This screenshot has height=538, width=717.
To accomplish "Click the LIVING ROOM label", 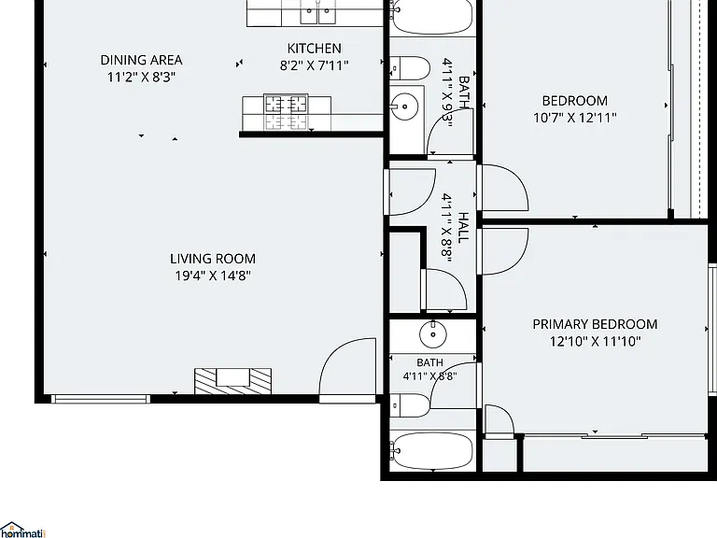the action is tap(213, 259).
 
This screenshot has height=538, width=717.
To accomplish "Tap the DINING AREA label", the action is tap(141, 60).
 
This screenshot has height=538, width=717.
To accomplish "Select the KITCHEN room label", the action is tap(314, 49).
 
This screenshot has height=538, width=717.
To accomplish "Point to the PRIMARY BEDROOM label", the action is tap(595, 324).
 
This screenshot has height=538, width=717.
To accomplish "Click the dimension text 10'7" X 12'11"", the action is tap(575, 118).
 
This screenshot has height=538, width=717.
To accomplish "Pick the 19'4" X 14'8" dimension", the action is tap(213, 276).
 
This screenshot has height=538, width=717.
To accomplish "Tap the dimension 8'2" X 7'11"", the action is tap(314, 65).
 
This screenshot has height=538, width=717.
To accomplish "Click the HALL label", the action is tap(464, 227).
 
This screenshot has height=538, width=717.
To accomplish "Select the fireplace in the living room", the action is tap(232, 381).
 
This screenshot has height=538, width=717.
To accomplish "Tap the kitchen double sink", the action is tap(317, 12).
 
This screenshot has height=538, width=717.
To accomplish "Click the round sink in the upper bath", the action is tap(404, 106).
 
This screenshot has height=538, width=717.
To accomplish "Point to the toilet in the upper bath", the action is tap(410, 68).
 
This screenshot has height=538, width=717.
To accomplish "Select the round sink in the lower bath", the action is tap(433, 334).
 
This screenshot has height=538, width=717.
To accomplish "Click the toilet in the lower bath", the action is tap(411, 404).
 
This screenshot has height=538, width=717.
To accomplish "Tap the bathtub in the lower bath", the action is tap(431, 451).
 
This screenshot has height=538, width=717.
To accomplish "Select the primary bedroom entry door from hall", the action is tap(503, 251).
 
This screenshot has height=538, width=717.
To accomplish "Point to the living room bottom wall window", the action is tap(101, 399).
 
